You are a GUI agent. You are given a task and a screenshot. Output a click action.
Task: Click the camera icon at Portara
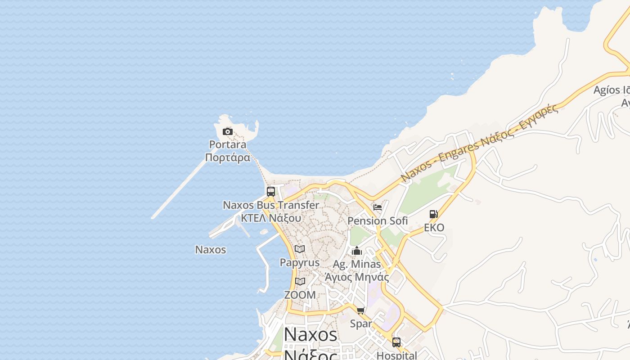[x=228, y=132]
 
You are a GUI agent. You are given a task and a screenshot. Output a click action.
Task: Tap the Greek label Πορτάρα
[x=227, y=157]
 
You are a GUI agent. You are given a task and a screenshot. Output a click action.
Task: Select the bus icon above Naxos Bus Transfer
[x=271, y=191]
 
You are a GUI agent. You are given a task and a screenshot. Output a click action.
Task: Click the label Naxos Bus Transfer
[x=271, y=205]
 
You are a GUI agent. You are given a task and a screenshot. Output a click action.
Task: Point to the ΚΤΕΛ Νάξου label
[x=271, y=218]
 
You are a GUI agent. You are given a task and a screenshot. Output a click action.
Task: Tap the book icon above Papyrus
[x=300, y=249]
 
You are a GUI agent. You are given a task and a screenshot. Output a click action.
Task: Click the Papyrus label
[x=300, y=262]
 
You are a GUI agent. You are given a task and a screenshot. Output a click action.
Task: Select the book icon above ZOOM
[x=300, y=282]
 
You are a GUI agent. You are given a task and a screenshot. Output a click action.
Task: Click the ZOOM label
[x=300, y=295]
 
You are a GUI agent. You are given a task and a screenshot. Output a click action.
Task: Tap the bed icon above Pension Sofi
[x=378, y=207]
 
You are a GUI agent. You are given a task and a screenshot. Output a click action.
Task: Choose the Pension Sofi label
[x=378, y=221]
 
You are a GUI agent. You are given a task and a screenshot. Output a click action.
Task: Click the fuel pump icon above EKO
[x=434, y=214]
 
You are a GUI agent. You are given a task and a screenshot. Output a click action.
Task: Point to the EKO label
[x=434, y=228]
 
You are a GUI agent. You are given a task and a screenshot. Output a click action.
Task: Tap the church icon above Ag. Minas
[x=357, y=251]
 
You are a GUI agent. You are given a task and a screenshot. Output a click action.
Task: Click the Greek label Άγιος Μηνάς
[x=357, y=277]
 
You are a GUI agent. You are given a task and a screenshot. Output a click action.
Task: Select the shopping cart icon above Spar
[x=361, y=310]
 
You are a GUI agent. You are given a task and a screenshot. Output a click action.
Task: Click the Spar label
[x=361, y=324]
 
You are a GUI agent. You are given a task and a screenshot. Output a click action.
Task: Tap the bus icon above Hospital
[x=396, y=342]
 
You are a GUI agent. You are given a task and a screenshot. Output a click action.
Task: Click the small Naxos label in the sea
[x=211, y=250]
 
